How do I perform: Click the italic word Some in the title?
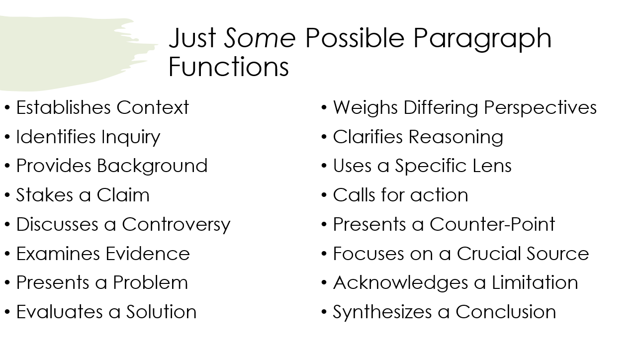(260, 38)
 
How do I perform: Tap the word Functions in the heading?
(229, 67)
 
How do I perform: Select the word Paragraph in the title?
(482, 40)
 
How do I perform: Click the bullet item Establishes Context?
(102, 108)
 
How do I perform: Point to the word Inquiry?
(131, 138)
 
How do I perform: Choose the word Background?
(152, 166)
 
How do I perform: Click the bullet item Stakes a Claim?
(83, 195)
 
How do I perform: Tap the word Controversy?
(176, 225)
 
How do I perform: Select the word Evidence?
(147, 254)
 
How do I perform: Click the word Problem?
(150, 282)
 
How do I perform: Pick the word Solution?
(162, 312)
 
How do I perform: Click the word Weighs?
(365, 108)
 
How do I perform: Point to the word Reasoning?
(456, 138)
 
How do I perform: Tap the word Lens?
(492, 166)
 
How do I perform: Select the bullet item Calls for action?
(400, 195)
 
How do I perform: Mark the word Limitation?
(535, 282)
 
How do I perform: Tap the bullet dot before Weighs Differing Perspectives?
(324, 108)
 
